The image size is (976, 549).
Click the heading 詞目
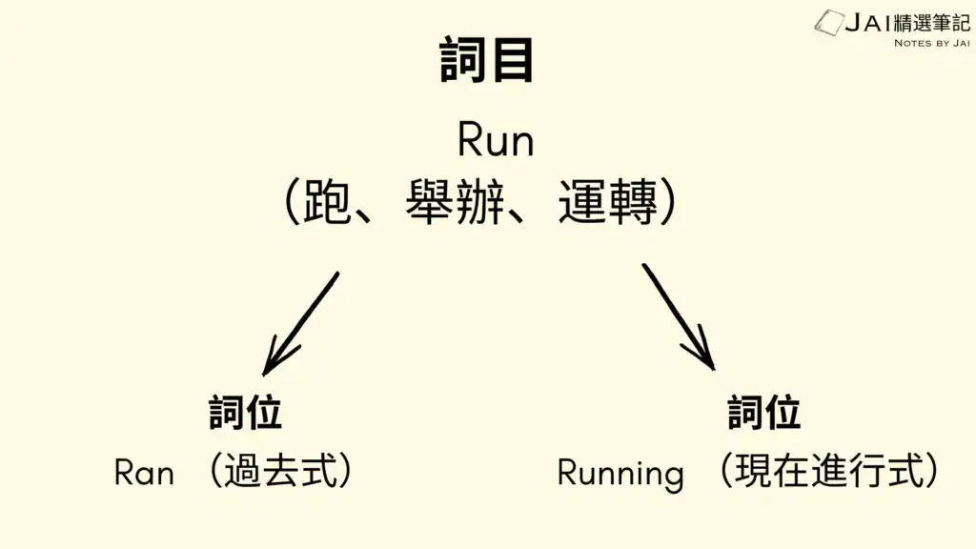click(x=487, y=61)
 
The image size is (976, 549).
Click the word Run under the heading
click(x=496, y=141)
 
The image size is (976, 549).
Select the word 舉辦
click(x=455, y=203)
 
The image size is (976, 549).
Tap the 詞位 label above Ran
click(x=246, y=413)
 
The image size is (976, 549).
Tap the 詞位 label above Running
click(x=764, y=413)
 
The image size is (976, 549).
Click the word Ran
click(x=144, y=472)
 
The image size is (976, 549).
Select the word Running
click(x=620, y=473)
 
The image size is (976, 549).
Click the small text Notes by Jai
click(x=931, y=43)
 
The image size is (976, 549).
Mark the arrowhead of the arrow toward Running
click(x=705, y=356)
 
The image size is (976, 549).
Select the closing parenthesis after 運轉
click(x=669, y=203)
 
